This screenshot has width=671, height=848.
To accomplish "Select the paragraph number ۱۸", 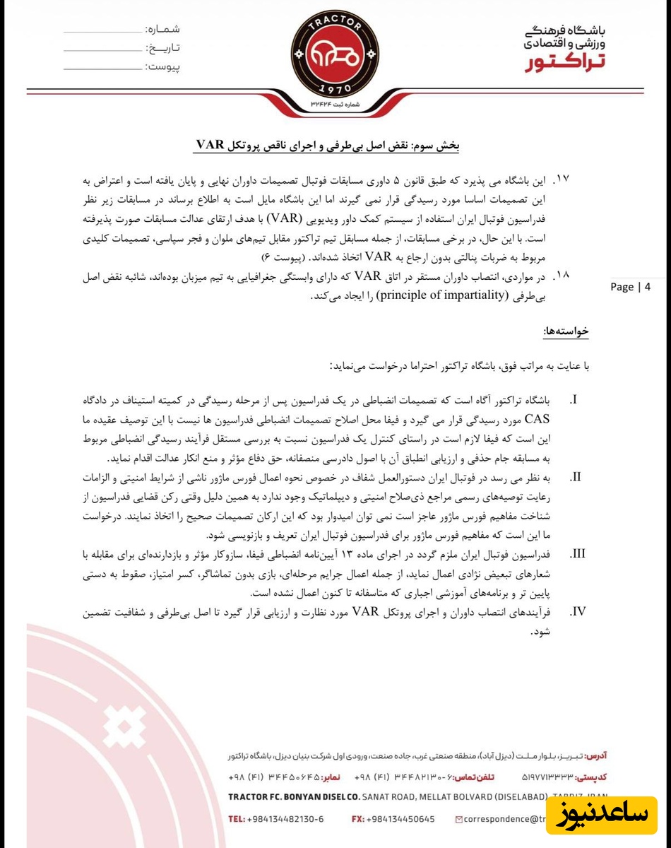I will point(562,274).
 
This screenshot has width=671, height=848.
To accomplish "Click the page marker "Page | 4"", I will point(630,287).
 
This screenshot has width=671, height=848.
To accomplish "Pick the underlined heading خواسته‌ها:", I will point(565,331).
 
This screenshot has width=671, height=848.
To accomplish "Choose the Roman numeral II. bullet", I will point(576,475).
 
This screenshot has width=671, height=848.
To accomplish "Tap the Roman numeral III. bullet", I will point(577,552).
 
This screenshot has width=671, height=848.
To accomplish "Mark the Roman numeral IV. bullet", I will point(577,610).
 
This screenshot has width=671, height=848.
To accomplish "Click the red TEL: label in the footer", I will point(237,819).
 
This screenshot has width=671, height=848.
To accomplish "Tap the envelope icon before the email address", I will point(460,819).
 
